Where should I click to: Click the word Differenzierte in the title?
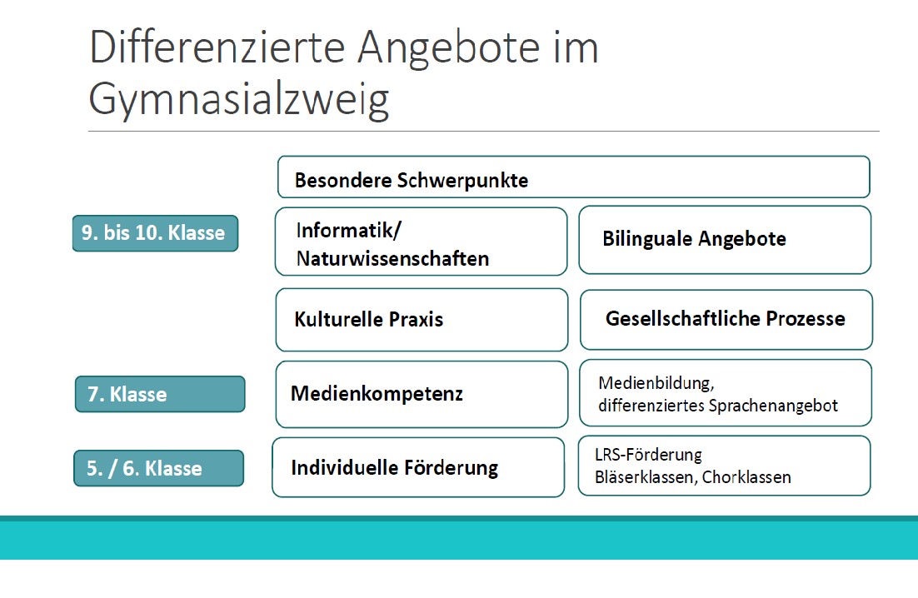[x=217, y=47]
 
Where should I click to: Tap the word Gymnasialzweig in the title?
[x=239, y=99]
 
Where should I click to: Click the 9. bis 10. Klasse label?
[x=155, y=233]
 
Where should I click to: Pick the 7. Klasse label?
[x=160, y=394]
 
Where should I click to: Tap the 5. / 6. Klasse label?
[x=158, y=468]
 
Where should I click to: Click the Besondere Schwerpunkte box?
[x=574, y=177]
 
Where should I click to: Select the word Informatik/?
[x=349, y=230]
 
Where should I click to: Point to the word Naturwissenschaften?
[x=393, y=258]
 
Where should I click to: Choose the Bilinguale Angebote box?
[x=725, y=240]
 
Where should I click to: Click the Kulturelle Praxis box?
[x=422, y=320]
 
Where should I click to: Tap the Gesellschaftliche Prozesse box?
[x=726, y=320]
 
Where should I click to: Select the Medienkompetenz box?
[x=422, y=395]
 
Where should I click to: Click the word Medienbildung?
[x=656, y=383]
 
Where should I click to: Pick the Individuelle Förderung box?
[x=418, y=467]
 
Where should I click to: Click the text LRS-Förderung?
[x=648, y=455]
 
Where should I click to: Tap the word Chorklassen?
[x=746, y=477]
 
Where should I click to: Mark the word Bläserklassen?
[x=645, y=477]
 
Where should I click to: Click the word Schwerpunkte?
[x=462, y=181]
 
